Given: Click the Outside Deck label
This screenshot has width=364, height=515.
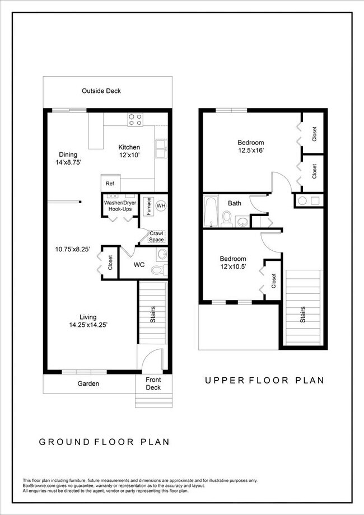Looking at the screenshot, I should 101,91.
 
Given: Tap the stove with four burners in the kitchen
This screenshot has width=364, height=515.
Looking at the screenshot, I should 134,119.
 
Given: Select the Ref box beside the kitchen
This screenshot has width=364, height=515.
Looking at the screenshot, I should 110,183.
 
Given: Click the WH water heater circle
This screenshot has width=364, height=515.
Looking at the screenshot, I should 161,206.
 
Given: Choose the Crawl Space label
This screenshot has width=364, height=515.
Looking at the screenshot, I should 157,236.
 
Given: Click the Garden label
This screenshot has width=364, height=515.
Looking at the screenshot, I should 88,383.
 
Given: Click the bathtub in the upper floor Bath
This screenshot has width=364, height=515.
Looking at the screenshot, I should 212,211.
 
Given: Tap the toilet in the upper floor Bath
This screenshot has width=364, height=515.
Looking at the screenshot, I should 227,219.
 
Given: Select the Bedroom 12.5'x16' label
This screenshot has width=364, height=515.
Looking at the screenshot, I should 250,146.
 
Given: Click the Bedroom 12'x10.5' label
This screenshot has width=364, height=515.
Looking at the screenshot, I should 232,263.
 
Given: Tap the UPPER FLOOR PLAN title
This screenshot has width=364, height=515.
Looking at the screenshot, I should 264,381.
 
